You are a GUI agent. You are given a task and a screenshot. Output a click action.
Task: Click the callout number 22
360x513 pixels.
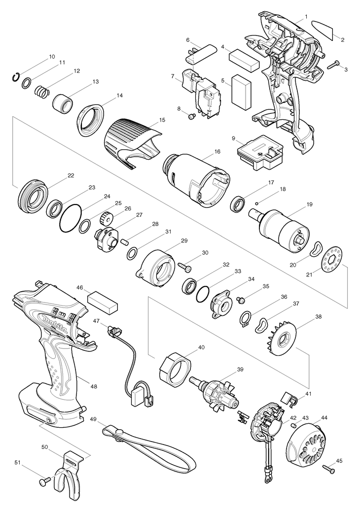point(71,175)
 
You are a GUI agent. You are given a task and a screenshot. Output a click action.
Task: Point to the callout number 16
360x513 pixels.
point(217,151)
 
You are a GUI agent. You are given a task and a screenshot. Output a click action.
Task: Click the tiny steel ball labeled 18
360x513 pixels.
point(257,202)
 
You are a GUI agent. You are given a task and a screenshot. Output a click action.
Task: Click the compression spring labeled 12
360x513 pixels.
point(42,91)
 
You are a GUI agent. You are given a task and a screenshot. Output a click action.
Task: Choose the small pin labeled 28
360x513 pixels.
point(125,242)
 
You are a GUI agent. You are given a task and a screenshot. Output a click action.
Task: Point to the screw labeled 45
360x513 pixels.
point(329,469)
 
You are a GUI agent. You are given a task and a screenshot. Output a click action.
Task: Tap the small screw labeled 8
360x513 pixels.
point(191,116)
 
